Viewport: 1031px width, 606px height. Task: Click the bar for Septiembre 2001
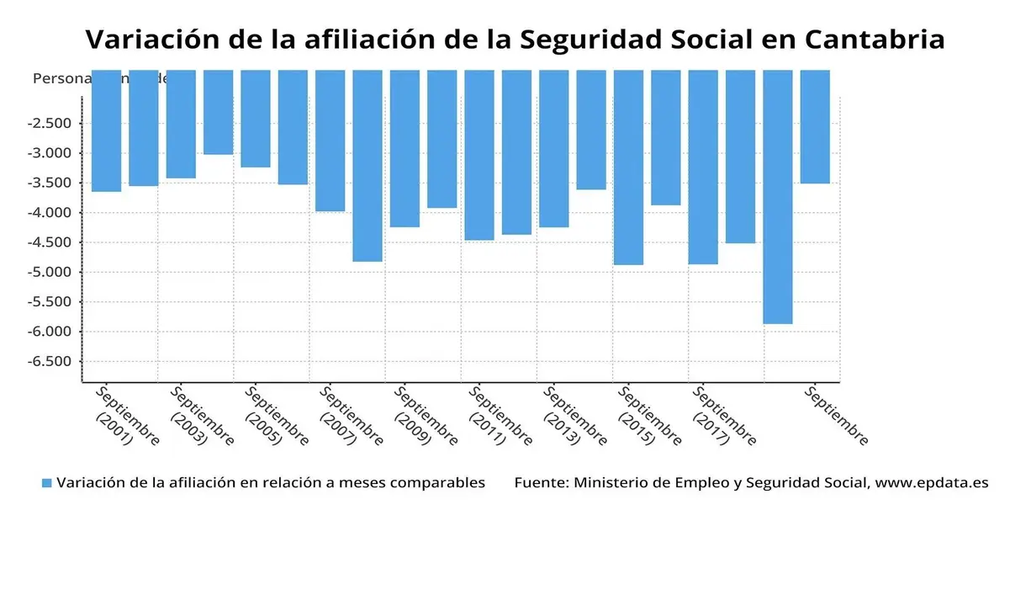click(106, 130)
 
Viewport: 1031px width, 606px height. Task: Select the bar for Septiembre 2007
click(330, 140)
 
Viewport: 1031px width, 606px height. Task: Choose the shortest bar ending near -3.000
click(218, 112)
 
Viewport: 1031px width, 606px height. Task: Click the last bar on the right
click(815, 126)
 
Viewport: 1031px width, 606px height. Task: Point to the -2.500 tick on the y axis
click(52, 123)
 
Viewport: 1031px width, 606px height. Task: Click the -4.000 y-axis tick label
click(52, 212)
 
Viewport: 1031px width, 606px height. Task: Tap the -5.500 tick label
click(52, 301)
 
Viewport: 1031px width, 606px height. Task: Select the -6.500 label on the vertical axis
click(52, 361)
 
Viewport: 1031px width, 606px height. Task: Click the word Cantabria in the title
click(875, 40)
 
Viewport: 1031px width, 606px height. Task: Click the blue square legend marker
click(47, 483)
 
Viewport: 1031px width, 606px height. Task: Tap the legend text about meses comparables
click(271, 483)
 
